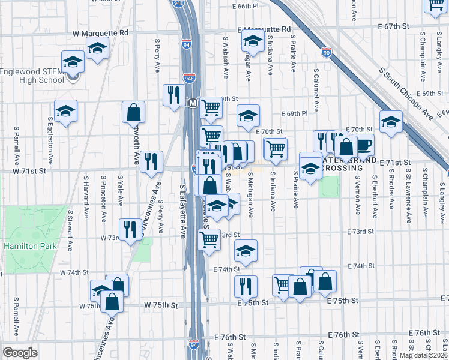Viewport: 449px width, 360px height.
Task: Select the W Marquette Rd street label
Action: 101,34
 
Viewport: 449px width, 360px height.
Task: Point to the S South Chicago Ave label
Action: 406,93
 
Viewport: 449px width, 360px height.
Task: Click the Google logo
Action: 20,352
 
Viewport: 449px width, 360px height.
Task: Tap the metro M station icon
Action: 193,103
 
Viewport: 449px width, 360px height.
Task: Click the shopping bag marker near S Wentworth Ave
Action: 133,112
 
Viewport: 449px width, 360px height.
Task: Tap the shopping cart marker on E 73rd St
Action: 209,239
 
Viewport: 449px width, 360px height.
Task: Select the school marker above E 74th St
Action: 246,251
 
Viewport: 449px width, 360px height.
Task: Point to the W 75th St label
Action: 161,305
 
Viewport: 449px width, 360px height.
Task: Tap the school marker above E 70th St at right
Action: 391,121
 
